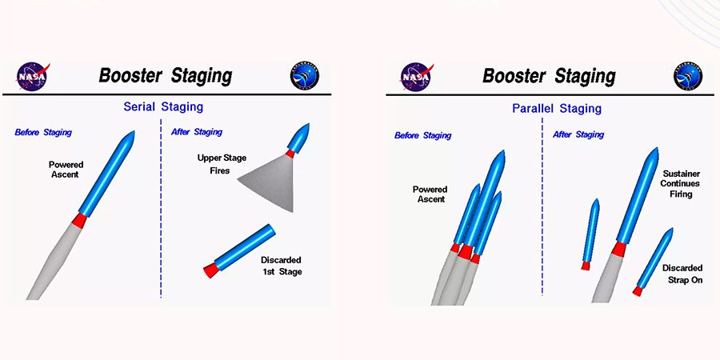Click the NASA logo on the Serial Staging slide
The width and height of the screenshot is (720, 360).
coord(33,77)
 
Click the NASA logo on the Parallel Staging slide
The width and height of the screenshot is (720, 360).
coord(417,77)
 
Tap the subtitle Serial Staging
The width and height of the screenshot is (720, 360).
coord(163,107)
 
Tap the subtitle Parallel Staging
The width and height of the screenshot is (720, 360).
coord(557,109)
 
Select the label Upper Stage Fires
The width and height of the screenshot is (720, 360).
coord(222,164)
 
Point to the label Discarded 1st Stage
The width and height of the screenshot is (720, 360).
coord(281,266)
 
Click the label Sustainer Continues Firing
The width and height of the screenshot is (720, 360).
coord(681,184)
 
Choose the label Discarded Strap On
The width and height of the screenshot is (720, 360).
coord(682,274)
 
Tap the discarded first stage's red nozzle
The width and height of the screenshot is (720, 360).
coord(211,270)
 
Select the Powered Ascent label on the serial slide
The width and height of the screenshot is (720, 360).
coord(66,170)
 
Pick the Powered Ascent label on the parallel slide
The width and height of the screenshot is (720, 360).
coord(430,194)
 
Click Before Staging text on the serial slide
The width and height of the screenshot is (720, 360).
coord(43,133)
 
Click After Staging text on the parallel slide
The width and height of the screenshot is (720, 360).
coord(578,134)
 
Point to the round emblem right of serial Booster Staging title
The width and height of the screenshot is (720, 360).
coord(305,77)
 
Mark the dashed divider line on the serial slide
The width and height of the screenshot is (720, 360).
coord(161,209)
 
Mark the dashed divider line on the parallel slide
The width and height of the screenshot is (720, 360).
coord(542,206)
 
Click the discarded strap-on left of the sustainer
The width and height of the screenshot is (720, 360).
coord(590,234)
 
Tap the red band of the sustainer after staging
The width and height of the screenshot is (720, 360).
coord(618,249)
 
